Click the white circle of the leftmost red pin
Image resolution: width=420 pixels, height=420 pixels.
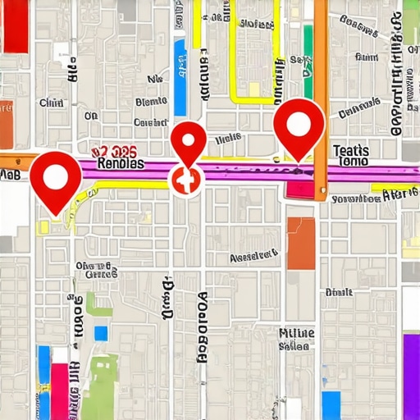click(x=55, y=178)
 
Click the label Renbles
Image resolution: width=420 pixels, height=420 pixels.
click(x=121, y=163)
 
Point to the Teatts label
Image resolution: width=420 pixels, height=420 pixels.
click(x=352, y=151)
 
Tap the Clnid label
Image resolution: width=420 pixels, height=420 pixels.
click(x=51, y=103)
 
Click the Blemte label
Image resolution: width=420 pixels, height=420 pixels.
click(x=150, y=103)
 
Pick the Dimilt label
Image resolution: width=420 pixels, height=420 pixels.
click(x=338, y=292)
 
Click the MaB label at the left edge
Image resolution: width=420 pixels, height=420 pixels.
click(x=10, y=175)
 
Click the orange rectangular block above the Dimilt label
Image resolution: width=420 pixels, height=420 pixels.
click(x=301, y=243)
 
